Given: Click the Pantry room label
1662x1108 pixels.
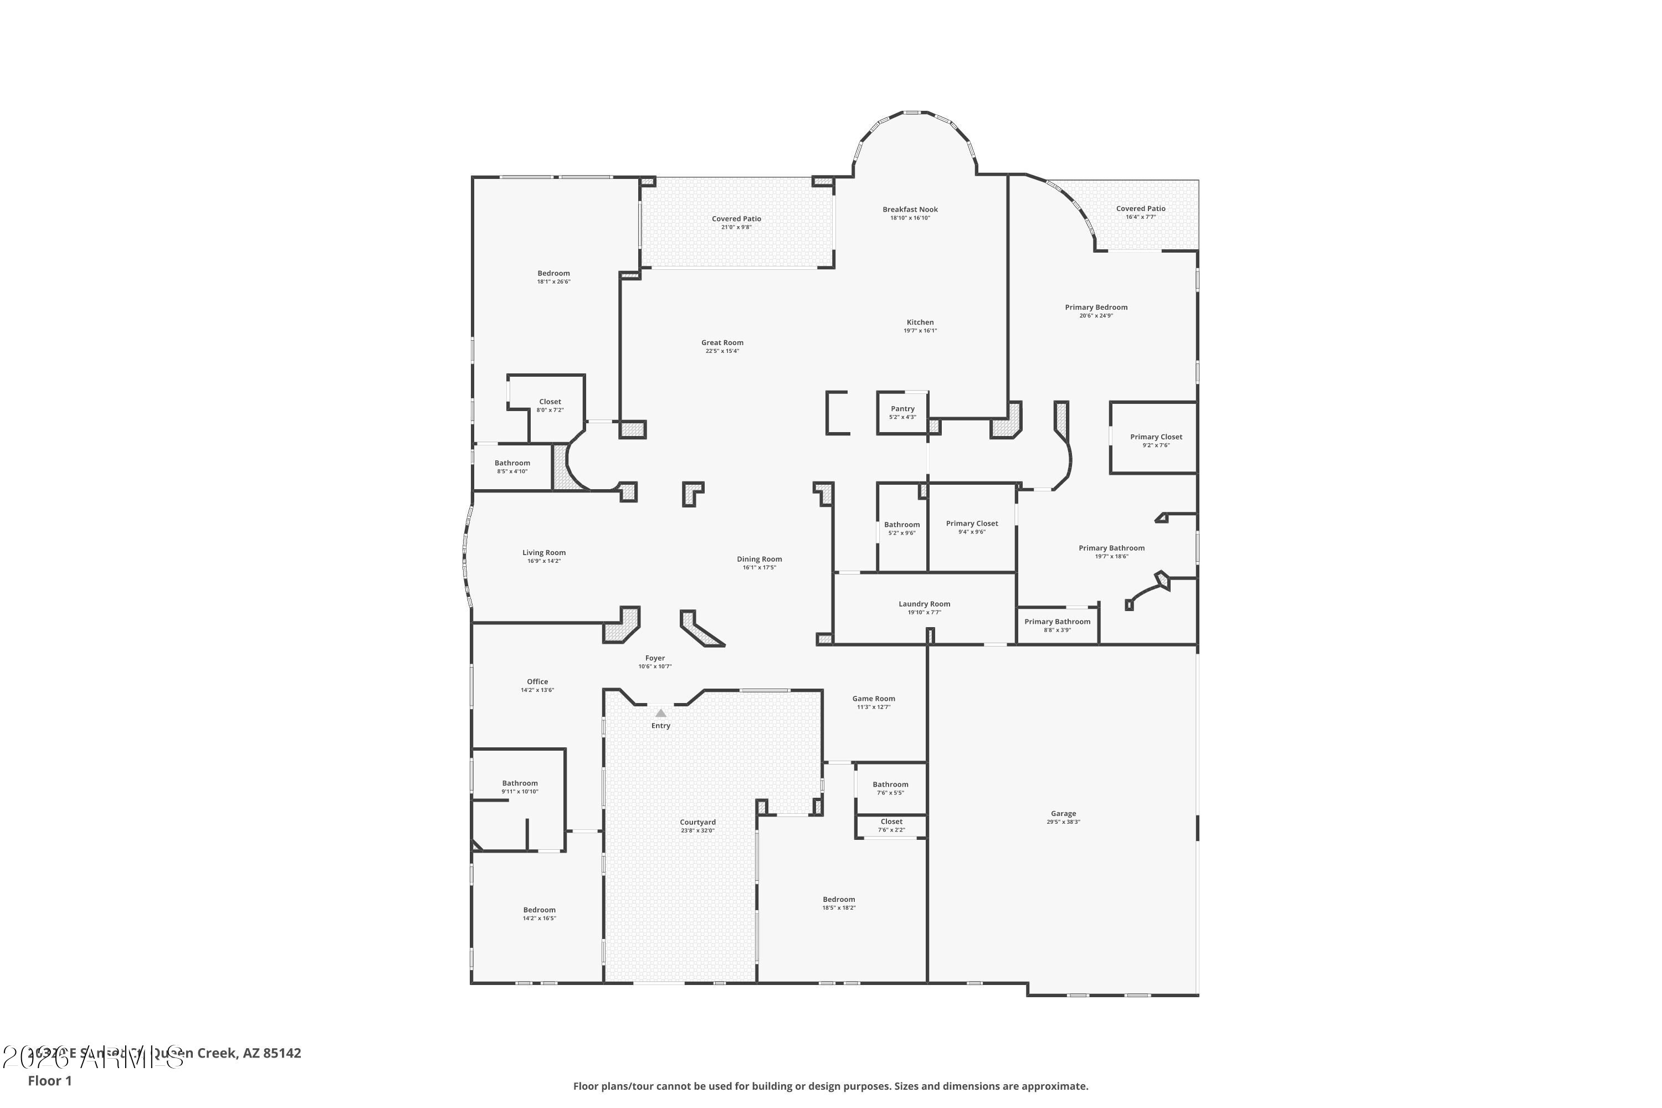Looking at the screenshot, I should (902, 408).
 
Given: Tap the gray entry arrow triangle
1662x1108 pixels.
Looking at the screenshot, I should (661, 713).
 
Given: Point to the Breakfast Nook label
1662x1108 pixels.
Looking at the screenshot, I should (910, 209).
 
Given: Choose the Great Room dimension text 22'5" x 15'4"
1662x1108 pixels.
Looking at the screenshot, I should (722, 351).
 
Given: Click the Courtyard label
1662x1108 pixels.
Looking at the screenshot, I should (697, 822).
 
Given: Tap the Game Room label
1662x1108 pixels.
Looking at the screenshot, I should (874, 698).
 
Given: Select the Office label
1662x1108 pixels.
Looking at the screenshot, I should (537, 682).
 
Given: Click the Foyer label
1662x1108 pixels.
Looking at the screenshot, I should (655, 658).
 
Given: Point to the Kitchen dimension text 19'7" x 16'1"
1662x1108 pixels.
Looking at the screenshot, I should (920, 331).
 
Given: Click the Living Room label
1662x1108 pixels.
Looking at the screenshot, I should (544, 552).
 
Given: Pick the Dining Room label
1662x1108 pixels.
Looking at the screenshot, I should (759, 559).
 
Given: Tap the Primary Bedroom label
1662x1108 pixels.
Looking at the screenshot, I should (1096, 307).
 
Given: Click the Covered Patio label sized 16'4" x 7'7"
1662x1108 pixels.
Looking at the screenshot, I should (1141, 208).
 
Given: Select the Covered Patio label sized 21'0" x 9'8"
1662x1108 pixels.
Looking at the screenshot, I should (736, 218).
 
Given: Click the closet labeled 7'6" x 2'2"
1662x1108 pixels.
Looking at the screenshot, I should (891, 822).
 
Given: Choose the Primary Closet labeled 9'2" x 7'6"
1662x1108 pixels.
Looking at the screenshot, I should (1156, 437).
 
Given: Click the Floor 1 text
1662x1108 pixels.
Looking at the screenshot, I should (49, 1080).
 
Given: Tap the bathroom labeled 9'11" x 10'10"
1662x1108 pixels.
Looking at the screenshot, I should (520, 783).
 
